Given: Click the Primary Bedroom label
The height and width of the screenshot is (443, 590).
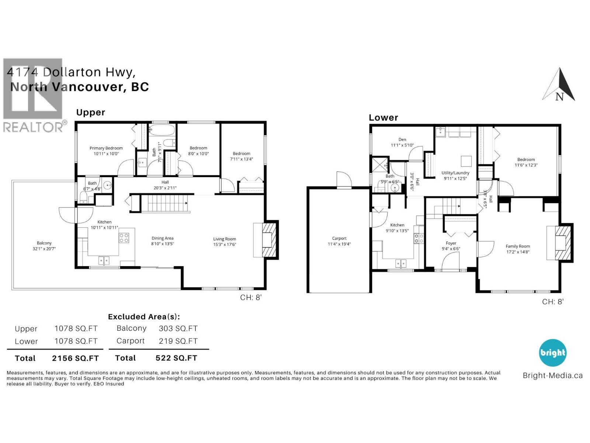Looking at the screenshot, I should [106, 148].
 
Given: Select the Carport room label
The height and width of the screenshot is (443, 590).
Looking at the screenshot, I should [339, 238].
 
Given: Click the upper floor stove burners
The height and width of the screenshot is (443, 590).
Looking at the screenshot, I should [124, 238].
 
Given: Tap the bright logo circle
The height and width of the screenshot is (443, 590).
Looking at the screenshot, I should [552, 353].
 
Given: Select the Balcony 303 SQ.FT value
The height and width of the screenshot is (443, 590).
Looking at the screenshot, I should [178, 329].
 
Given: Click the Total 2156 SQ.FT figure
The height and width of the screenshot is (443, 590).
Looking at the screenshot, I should [75, 358].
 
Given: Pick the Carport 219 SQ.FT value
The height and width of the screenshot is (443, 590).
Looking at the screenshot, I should [178, 341].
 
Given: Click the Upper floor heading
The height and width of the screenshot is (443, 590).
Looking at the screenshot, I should [90, 113].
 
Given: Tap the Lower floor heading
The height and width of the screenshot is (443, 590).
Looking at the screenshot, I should [383, 118].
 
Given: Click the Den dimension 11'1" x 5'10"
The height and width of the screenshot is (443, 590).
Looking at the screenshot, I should [402, 145].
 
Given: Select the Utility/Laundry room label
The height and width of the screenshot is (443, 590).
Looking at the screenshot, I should [455, 173].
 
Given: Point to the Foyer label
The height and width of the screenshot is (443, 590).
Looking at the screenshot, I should [451, 243].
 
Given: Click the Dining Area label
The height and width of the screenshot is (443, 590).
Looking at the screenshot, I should [162, 238].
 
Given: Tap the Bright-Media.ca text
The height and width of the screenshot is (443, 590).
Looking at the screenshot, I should [552, 376].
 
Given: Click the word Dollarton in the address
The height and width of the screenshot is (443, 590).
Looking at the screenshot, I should [72, 72].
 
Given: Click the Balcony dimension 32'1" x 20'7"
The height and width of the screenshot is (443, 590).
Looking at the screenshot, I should [44, 249].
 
